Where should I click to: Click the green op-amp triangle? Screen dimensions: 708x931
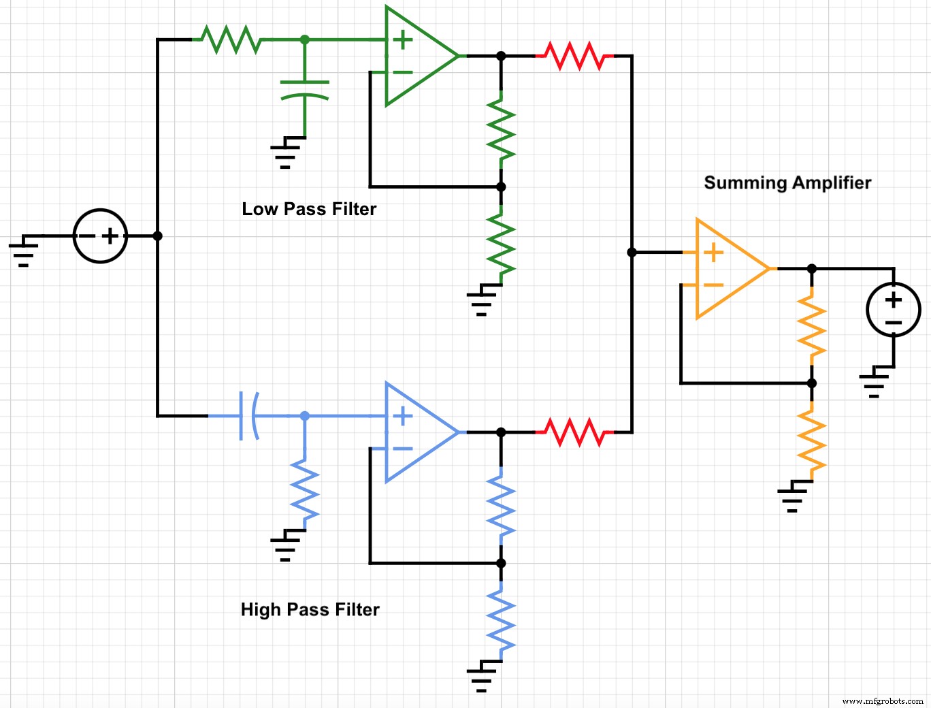(x=415, y=56)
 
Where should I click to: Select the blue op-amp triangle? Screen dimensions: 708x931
(x=415, y=432)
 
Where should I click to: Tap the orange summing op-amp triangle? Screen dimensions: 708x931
(x=726, y=269)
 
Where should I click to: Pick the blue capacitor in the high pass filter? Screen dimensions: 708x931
(x=248, y=415)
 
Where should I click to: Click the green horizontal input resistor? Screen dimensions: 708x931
(x=231, y=39)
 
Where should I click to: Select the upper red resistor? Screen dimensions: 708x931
(x=575, y=56)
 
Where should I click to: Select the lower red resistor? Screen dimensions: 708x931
(x=575, y=432)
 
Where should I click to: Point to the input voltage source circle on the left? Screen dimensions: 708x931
(x=100, y=236)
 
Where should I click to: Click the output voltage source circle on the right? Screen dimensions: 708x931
(x=893, y=310)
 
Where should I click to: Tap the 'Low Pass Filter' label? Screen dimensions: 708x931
(x=309, y=209)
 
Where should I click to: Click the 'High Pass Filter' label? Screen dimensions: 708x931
(x=310, y=609)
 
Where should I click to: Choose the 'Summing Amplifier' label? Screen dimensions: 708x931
(x=787, y=182)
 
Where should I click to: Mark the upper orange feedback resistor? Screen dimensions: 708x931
(x=811, y=325)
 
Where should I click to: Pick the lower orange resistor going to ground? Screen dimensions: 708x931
(x=811, y=440)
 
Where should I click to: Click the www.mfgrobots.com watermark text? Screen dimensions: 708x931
(x=882, y=701)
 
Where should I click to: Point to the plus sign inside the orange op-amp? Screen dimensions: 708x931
(x=713, y=253)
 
